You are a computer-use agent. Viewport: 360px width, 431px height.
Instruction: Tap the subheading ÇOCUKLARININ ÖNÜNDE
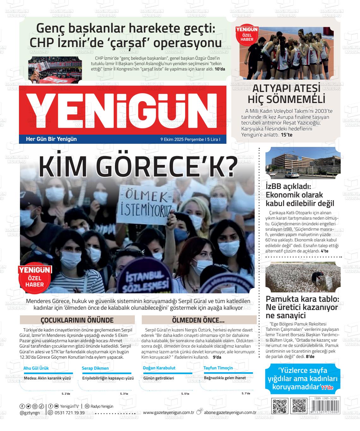click(77, 320)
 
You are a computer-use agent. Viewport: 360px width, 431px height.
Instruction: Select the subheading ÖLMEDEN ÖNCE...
click(198, 320)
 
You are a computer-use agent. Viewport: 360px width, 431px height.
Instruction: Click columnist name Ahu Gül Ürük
click(36, 368)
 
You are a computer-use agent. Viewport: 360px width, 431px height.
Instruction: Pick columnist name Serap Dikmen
click(95, 368)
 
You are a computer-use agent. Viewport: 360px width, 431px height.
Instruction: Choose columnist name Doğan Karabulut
click(159, 368)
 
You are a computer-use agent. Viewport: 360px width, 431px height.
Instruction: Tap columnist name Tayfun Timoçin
click(218, 368)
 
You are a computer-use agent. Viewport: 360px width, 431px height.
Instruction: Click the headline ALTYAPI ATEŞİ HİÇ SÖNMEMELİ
click(286, 94)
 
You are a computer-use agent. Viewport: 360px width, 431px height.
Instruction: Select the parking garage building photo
click(303, 163)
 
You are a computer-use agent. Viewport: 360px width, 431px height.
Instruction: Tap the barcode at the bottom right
click(325, 406)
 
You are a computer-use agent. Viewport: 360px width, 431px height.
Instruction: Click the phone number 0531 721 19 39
click(69, 413)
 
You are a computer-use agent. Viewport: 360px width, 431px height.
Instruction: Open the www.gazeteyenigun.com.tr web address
click(168, 412)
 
